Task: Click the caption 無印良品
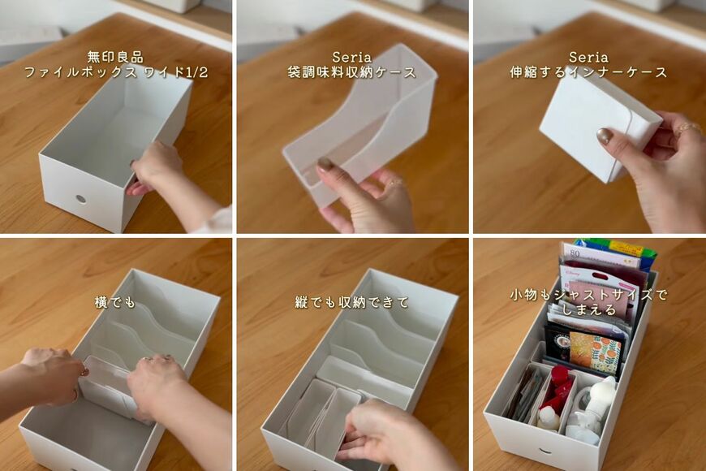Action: pyautogui.click(x=114, y=57)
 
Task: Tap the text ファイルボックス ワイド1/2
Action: pyautogui.click(x=116, y=72)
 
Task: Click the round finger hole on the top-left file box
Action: pyautogui.click(x=81, y=198)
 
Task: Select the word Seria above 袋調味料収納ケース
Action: pyautogui.click(x=351, y=57)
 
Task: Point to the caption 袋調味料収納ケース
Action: pyautogui.click(x=351, y=72)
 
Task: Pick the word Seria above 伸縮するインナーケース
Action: pyautogui.click(x=588, y=57)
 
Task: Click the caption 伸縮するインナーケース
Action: pyautogui.click(x=588, y=72)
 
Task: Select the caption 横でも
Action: pyautogui.click(x=114, y=301)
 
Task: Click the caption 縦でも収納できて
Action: pyautogui.click(x=351, y=301)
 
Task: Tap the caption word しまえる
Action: pyautogui.click(x=589, y=309)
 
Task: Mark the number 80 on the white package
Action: pyautogui.click(x=575, y=253)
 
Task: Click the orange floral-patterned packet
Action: pyautogui.click(x=594, y=351)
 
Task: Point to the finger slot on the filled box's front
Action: pyautogui.click(x=545, y=451)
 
